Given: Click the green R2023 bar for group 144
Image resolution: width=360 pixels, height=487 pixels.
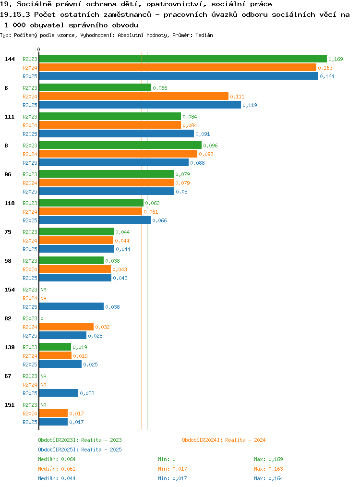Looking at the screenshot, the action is coord(183,59).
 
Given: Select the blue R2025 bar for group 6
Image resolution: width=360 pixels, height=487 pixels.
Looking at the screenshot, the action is coord(140,105).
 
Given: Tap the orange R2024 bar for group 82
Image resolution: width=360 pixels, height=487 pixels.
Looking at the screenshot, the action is coord(66,327).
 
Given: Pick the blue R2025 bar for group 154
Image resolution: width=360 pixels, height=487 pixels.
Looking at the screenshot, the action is coord(72,306).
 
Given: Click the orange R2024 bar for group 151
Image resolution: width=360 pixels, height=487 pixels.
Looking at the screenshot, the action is coord(53,413).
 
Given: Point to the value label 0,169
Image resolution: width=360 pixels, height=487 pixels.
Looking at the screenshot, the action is coord(336,59).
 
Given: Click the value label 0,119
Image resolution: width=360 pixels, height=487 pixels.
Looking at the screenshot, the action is coord(250,105).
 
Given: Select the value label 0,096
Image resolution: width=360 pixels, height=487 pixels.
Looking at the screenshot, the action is coord(210,146).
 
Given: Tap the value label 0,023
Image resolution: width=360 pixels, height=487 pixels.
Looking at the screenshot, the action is coord(87,393).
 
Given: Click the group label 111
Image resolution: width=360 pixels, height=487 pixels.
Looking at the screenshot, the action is coord(10,117).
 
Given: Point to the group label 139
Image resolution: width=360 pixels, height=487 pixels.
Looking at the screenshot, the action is coord(10,347).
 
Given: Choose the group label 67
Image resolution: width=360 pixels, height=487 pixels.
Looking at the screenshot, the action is coord(8,376).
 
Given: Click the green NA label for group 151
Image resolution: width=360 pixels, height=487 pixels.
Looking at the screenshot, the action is coord(44,405).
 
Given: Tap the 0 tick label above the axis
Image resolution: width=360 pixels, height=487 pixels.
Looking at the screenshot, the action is coord(38,49).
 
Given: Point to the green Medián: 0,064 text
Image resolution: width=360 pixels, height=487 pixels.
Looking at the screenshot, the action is coord(57,459).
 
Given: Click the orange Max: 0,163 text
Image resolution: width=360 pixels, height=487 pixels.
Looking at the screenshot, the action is coord(268,469).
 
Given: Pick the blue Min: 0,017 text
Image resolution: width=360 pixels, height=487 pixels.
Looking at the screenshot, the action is coord(172,479).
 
